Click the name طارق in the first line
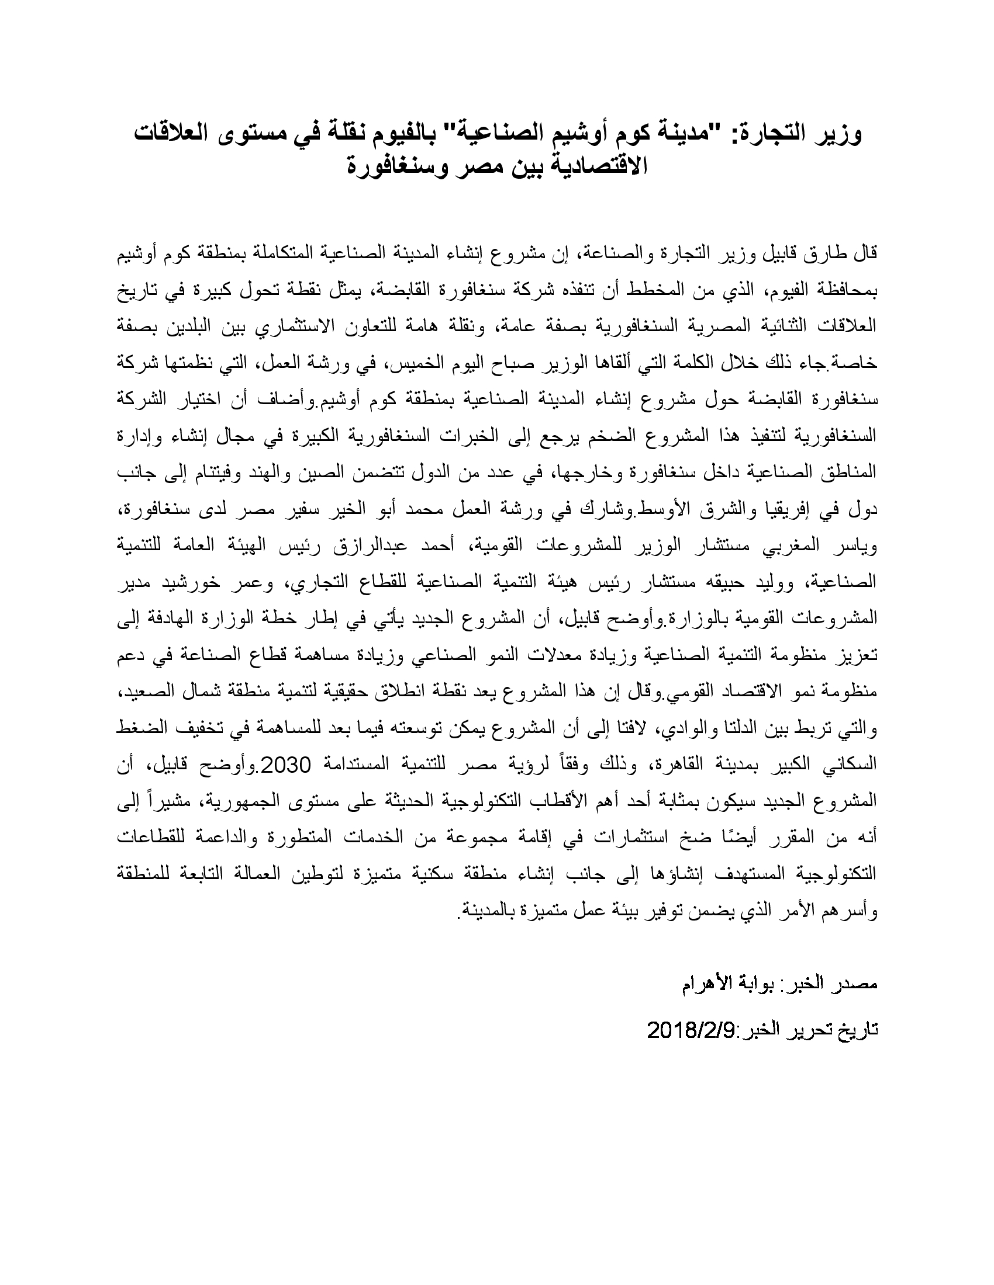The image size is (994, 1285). coord(826,254)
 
